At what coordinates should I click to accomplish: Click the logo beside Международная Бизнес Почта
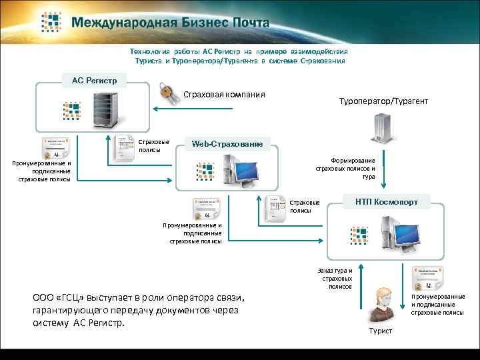tap(53, 22)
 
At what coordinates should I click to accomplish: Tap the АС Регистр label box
tap(94, 81)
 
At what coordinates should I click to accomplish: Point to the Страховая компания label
tap(224, 95)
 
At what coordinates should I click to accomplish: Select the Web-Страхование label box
tap(227, 143)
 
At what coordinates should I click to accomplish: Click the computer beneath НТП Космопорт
tap(407, 233)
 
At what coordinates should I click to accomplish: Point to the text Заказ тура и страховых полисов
tap(337, 279)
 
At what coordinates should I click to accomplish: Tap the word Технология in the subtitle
tap(151, 51)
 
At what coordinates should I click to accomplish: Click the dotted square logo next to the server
tap(71, 111)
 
